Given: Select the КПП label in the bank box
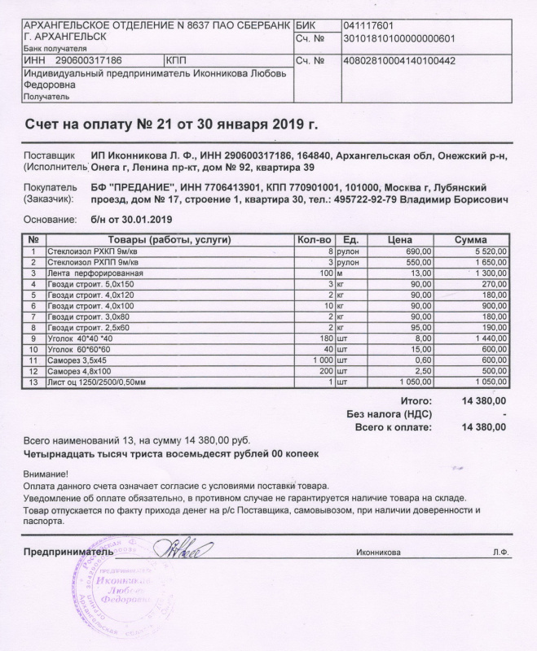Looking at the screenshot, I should [x=176, y=60].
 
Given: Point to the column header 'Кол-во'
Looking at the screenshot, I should [x=314, y=240].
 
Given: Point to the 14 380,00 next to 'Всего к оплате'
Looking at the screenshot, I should [x=484, y=427].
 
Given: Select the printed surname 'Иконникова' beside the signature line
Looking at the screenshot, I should [x=379, y=552].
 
